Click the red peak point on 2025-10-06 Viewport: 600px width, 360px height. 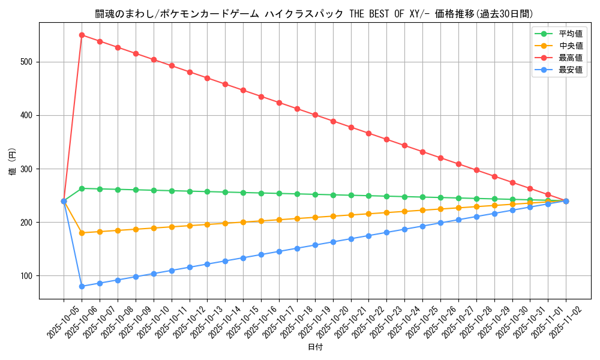coord(82,35)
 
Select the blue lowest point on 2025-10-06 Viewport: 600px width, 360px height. coord(82,286)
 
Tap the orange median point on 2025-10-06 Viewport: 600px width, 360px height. coord(82,233)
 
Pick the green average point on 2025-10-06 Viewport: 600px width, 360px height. coord(82,188)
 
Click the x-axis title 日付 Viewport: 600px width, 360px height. coord(315,347)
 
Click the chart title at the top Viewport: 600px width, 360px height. coord(314,14)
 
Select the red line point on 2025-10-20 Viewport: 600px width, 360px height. coord(333,121)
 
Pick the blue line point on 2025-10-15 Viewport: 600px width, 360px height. coord(243,258)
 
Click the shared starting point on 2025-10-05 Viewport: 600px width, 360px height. coord(64,201)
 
